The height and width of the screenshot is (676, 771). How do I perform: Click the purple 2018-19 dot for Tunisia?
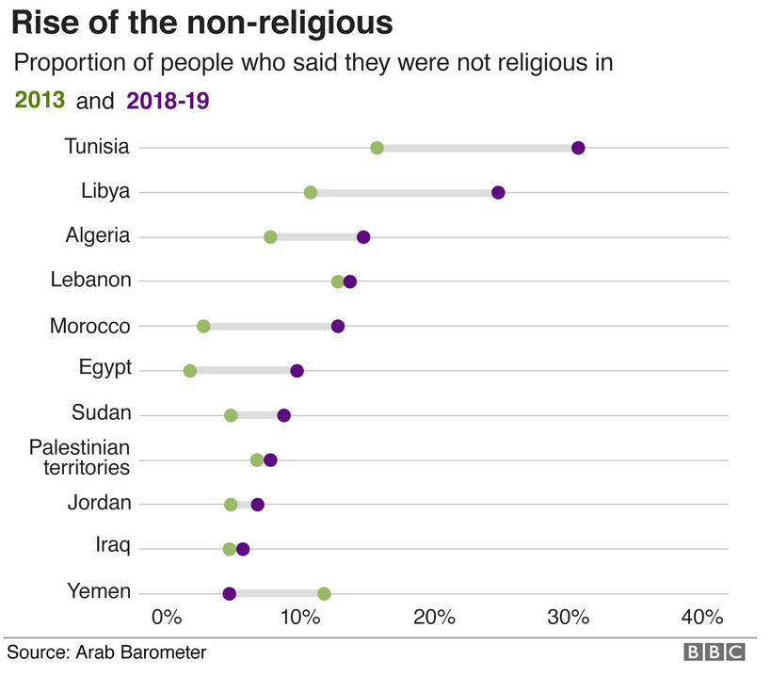point(578,148)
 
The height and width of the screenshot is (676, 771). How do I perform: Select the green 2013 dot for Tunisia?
point(377,148)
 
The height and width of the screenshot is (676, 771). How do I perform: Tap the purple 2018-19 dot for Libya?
point(498,193)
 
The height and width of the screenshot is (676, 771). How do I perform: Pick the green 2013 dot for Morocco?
point(203,326)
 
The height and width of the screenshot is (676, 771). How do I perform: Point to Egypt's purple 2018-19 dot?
point(297,371)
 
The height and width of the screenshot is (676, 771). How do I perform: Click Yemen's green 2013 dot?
point(324,593)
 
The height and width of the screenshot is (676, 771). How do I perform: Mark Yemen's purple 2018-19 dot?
point(230,593)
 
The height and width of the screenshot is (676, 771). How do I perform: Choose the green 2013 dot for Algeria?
point(270,237)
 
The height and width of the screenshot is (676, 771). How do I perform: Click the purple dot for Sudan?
point(283,415)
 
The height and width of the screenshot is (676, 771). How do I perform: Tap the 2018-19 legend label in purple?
point(169,100)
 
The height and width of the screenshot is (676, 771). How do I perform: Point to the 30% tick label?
point(569,619)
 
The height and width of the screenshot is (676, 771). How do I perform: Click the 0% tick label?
point(166,619)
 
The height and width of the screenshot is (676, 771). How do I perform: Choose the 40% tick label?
point(702,619)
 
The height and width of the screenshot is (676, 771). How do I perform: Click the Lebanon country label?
point(90,281)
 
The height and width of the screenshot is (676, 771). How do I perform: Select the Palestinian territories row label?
point(79,457)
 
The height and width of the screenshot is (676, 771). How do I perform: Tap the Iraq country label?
point(113,546)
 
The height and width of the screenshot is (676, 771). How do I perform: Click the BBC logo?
point(715,652)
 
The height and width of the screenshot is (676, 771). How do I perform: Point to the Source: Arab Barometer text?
point(106,652)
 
